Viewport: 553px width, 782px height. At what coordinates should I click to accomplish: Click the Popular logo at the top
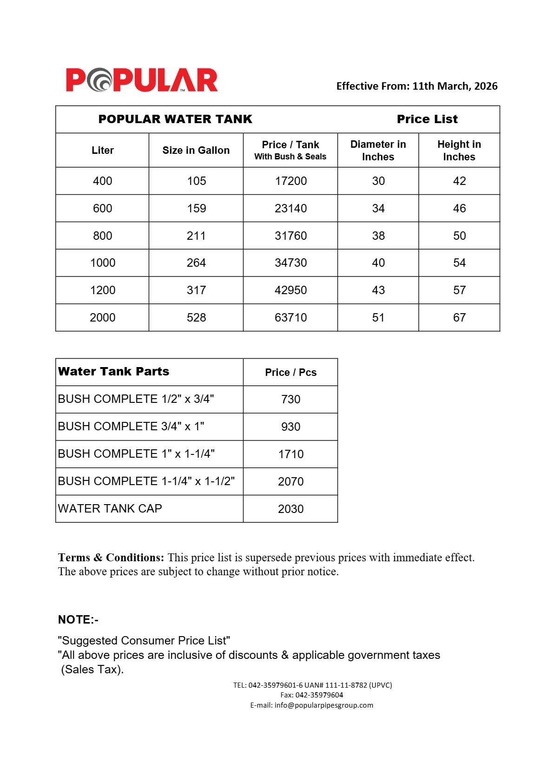point(142,80)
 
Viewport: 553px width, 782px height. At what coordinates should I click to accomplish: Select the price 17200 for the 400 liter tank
point(290,181)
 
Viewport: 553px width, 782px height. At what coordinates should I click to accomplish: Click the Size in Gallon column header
point(196,151)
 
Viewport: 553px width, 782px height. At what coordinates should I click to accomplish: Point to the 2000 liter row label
point(102,318)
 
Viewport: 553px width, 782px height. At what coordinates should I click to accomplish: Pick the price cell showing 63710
point(290,318)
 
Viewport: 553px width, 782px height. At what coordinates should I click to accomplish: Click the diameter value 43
point(378,290)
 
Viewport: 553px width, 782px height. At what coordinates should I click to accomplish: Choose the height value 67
point(459,318)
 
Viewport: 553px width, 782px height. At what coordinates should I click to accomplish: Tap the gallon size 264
point(196,263)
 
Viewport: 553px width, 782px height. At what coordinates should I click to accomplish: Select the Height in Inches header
point(459,151)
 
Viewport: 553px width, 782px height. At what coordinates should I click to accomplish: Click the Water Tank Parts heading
point(114,372)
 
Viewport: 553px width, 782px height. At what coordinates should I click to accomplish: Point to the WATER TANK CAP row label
point(110,509)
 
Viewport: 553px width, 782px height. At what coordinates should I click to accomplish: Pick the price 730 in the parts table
point(290,400)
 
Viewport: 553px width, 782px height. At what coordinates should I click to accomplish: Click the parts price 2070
point(290,482)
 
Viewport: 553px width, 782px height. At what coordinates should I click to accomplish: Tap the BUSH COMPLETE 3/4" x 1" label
point(132,427)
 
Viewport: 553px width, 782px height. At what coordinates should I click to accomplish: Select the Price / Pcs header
point(290,373)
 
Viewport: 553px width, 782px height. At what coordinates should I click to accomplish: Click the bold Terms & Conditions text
point(111,558)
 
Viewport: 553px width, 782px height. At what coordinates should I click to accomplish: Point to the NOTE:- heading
point(78,620)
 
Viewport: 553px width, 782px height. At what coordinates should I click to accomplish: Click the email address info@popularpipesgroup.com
point(323,705)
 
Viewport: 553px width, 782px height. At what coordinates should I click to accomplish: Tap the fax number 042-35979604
point(319,695)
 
